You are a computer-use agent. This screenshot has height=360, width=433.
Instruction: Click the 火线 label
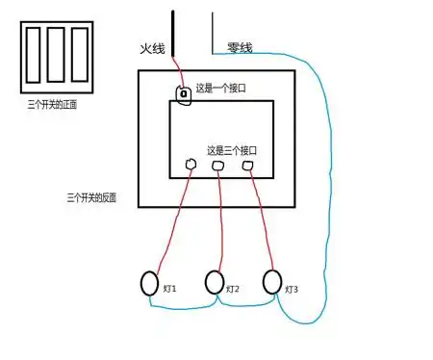[x=153, y=46]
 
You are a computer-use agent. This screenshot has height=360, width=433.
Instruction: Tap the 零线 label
[x=240, y=46]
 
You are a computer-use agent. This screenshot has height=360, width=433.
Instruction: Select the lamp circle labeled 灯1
[x=149, y=283]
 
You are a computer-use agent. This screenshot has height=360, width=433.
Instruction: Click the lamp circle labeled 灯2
[x=215, y=283]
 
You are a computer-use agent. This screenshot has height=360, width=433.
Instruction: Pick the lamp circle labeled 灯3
[x=272, y=282]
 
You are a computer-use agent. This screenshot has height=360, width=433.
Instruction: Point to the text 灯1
[x=169, y=289]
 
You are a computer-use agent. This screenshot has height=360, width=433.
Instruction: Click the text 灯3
[x=292, y=289]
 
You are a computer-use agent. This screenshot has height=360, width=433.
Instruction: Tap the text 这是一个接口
[x=221, y=89]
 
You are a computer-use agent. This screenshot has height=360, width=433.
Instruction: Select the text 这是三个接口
[x=232, y=151]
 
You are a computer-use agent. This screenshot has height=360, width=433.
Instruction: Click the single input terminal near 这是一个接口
[x=183, y=93]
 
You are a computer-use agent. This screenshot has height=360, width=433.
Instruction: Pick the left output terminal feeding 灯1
[x=191, y=165]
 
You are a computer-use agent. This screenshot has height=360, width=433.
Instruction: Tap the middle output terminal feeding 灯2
[x=219, y=167]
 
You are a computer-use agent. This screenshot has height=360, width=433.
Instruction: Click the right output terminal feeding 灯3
[x=248, y=166]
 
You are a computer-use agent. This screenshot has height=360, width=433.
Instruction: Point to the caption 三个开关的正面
[x=54, y=105]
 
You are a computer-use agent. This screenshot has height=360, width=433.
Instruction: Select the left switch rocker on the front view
[x=35, y=57]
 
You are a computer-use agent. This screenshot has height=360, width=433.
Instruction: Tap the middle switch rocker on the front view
[x=57, y=57]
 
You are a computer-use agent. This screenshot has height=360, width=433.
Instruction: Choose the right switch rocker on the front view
[x=79, y=57]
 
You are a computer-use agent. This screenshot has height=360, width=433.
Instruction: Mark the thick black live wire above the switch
[x=174, y=34]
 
